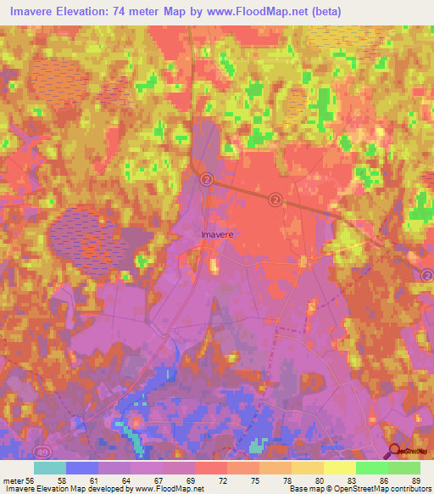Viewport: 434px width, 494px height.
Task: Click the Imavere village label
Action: point(218,232)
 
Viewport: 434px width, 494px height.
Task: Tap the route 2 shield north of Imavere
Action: point(207,180)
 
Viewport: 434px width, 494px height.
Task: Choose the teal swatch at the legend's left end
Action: point(49,468)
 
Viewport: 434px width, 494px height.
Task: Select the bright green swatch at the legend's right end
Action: point(404,468)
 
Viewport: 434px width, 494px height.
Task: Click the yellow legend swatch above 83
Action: point(340,468)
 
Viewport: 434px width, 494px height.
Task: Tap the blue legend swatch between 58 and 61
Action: point(82,468)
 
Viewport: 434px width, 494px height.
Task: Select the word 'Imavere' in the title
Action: point(35,9)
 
